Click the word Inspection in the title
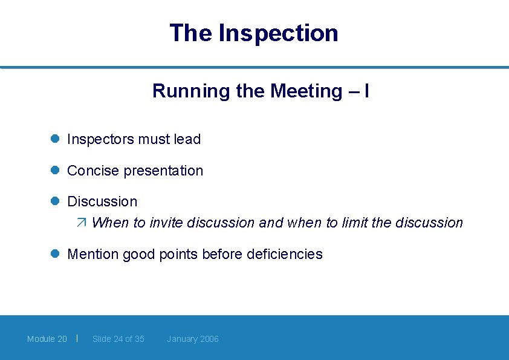278,33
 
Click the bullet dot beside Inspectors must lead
54,139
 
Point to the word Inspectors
100,139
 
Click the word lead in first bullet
187,139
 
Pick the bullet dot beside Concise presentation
54,170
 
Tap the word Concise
93,171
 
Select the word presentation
163,171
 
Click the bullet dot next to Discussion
54,201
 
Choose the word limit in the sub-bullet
355,223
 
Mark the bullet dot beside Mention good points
54,254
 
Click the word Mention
93,254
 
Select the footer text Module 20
47,339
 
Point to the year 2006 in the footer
209,339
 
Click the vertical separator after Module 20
77,338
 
